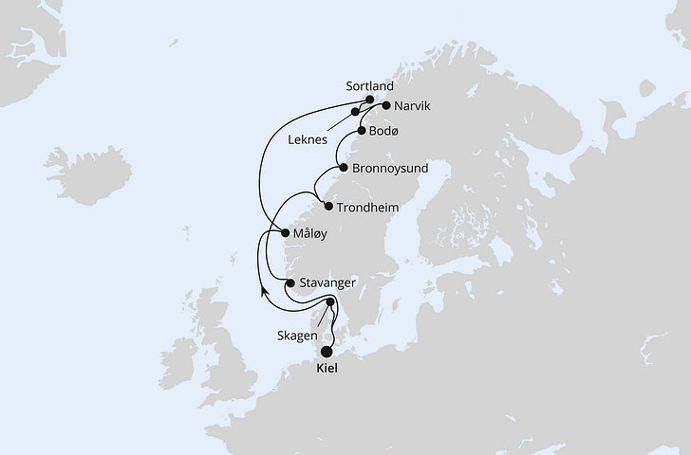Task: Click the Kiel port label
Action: [327, 370]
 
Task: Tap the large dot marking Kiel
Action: [327, 351]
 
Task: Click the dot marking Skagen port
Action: [330, 302]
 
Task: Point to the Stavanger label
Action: [327, 282]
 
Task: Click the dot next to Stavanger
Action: [289, 282]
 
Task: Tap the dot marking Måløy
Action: [287, 233]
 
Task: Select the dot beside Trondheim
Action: [328, 207]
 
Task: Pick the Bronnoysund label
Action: [390, 168]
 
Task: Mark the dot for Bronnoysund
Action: [343, 168]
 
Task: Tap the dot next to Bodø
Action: [362, 131]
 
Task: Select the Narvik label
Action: [412, 106]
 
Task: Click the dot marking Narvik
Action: [385, 106]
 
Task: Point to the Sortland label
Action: [369, 85]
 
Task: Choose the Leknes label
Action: [308, 139]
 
